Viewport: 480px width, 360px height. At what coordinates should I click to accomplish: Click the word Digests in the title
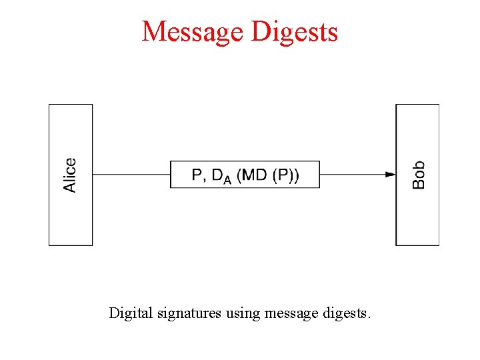299,31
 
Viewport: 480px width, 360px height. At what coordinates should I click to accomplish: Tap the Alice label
70,175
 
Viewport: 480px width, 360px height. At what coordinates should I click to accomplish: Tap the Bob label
418,175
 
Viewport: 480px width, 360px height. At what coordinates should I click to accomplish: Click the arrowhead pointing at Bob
391,175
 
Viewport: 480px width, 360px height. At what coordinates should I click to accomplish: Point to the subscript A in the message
227,180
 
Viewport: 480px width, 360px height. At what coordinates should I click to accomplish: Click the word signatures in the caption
188,312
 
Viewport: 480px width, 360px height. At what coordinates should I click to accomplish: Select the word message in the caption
289,313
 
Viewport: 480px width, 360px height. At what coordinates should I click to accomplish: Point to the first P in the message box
197,175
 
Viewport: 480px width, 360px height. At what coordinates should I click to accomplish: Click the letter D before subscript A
217,175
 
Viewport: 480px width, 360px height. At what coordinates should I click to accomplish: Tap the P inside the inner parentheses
283,175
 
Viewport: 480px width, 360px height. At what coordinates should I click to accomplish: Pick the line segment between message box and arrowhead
352,175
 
